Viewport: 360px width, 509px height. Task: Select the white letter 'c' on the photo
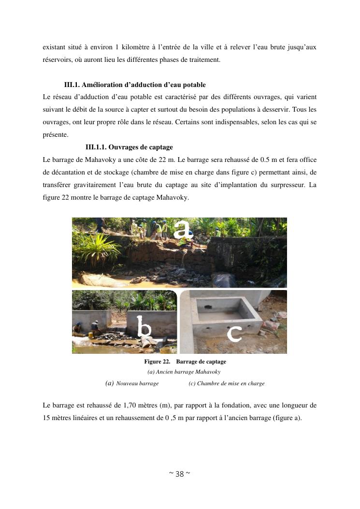click(x=234, y=334)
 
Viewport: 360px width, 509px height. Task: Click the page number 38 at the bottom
click(x=179, y=474)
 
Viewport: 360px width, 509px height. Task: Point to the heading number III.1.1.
click(x=96, y=147)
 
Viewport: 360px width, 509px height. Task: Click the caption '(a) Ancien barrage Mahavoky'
click(x=184, y=372)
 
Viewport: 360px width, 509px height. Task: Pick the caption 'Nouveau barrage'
click(x=137, y=383)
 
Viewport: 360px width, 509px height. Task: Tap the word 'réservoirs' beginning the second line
click(x=57, y=60)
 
